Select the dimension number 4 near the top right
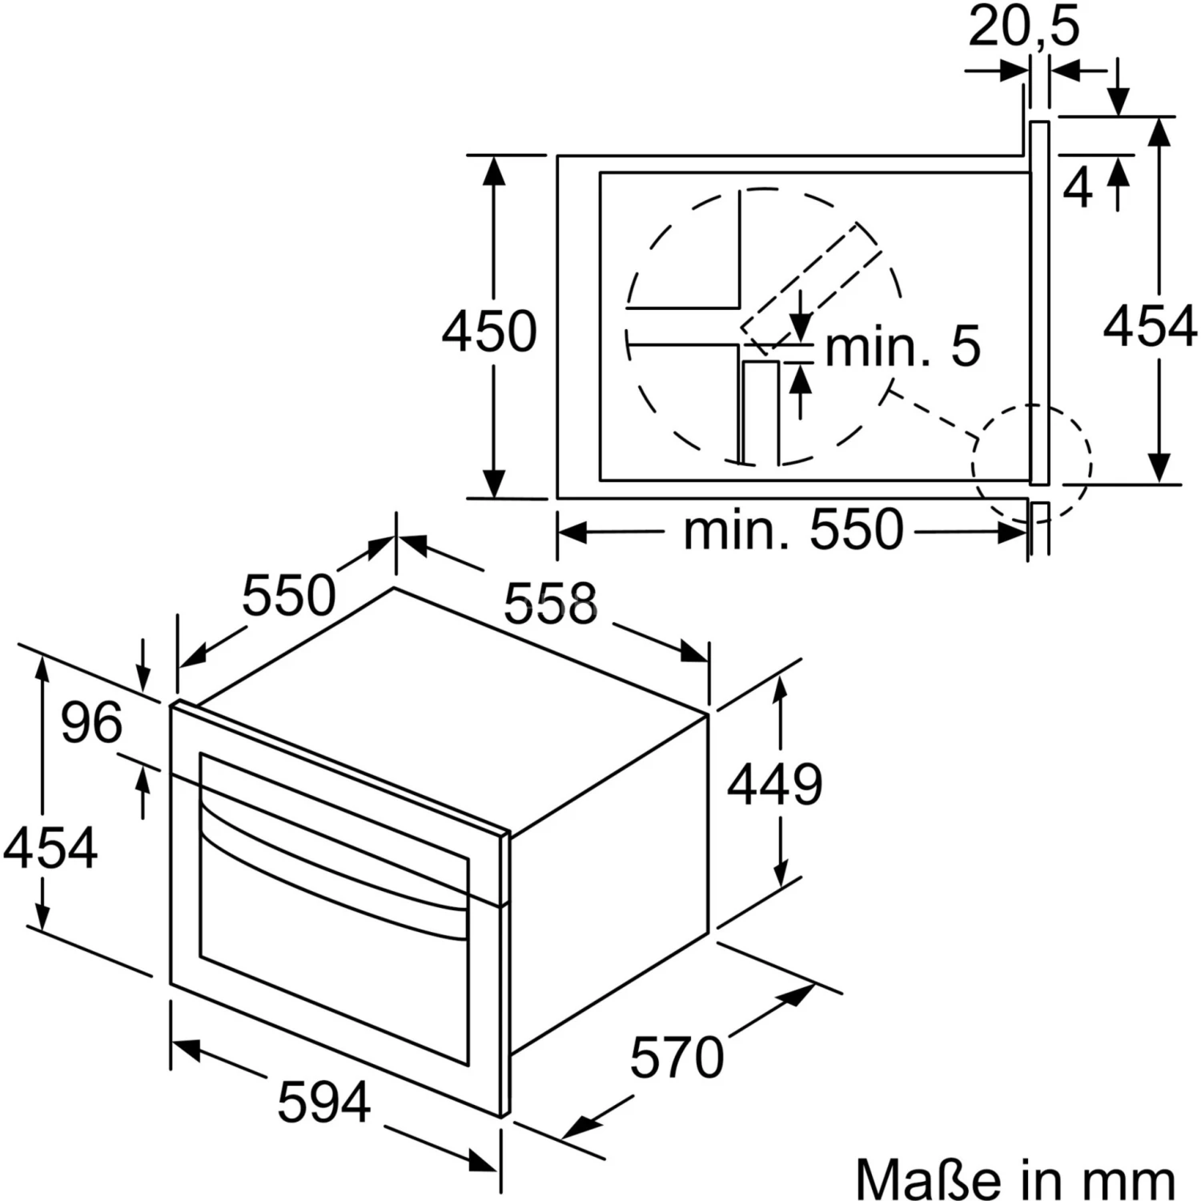(x=1078, y=189)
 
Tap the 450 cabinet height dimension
(x=489, y=331)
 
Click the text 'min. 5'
(x=902, y=346)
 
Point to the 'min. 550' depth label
(x=793, y=529)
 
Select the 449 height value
(x=774, y=784)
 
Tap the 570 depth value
(x=677, y=1057)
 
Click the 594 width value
(x=324, y=1102)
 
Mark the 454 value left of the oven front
(x=50, y=848)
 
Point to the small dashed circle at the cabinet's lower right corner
(x=1032, y=463)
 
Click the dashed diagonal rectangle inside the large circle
(x=811, y=288)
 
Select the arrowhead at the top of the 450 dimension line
(x=495, y=172)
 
